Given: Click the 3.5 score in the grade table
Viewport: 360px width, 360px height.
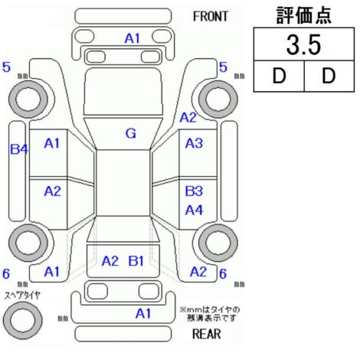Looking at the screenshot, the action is [x=303, y=45].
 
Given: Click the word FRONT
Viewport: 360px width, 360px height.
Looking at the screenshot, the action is [x=211, y=17].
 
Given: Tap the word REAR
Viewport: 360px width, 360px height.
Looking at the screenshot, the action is [x=207, y=334].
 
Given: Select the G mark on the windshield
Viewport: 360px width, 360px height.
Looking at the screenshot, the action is [x=131, y=133].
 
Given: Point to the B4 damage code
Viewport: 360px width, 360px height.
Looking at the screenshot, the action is [x=19, y=149].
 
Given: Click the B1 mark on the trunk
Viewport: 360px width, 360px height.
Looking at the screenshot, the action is [x=136, y=261].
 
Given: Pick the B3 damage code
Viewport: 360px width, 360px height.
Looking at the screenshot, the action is [x=194, y=191].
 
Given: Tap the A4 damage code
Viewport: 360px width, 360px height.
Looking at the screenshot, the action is [x=194, y=211].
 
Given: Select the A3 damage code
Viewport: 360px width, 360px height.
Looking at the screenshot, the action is [x=194, y=143].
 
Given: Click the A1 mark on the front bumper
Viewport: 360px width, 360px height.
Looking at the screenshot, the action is [x=133, y=38].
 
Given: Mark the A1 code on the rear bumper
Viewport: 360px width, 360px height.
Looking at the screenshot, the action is [x=143, y=313].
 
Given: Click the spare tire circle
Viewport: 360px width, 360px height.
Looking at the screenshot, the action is [x=23, y=320].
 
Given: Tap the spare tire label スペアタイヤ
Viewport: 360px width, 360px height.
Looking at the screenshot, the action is [x=22, y=295].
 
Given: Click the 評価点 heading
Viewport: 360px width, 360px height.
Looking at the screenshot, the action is [x=304, y=15].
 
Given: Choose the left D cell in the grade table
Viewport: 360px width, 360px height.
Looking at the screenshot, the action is [x=279, y=76].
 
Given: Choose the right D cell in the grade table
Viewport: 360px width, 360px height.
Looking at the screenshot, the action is [x=329, y=76].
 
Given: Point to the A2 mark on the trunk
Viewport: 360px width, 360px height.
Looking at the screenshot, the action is [x=110, y=261].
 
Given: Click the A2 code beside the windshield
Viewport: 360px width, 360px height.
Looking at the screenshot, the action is [x=188, y=118].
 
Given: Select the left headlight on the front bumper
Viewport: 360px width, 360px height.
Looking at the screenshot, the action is [x=83, y=36].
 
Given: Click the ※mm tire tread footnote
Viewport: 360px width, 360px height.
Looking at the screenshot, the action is [x=210, y=314].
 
